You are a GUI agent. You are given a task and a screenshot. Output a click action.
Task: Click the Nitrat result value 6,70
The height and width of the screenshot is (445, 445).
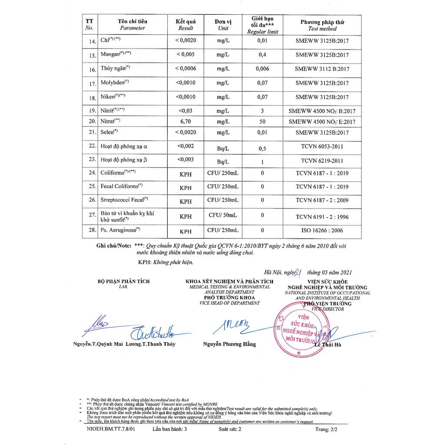pyautogui.click(x=186, y=122)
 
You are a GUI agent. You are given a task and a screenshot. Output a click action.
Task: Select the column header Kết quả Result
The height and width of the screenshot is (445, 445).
pyautogui.click(x=186, y=25)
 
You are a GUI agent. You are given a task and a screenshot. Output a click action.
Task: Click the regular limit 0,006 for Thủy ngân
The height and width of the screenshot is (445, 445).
pyautogui.click(x=262, y=69)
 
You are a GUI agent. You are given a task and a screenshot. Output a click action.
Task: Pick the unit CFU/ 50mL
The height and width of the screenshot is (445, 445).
pyautogui.click(x=222, y=215)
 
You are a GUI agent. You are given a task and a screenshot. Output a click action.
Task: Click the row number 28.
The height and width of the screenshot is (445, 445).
pyautogui.click(x=92, y=230)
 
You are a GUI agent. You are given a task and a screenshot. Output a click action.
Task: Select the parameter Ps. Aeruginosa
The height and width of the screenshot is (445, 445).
pyautogui.click(x=120, y=229)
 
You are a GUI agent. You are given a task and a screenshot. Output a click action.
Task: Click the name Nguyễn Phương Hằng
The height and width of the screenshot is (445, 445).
pyautogui.click(x=229, y=344)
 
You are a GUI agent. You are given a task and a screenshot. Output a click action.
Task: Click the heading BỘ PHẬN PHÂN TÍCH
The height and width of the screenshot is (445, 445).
pyautogui.click(x=123, y=282)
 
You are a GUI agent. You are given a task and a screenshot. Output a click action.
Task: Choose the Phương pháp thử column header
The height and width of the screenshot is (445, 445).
pyautogui.click(x=322, y=25)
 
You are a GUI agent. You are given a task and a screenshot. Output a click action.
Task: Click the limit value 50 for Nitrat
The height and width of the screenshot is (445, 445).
pyautogui.click(x=262, y=122)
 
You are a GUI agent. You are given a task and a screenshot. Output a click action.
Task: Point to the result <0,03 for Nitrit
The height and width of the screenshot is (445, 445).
pyautogui.click(x=186, y=110)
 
